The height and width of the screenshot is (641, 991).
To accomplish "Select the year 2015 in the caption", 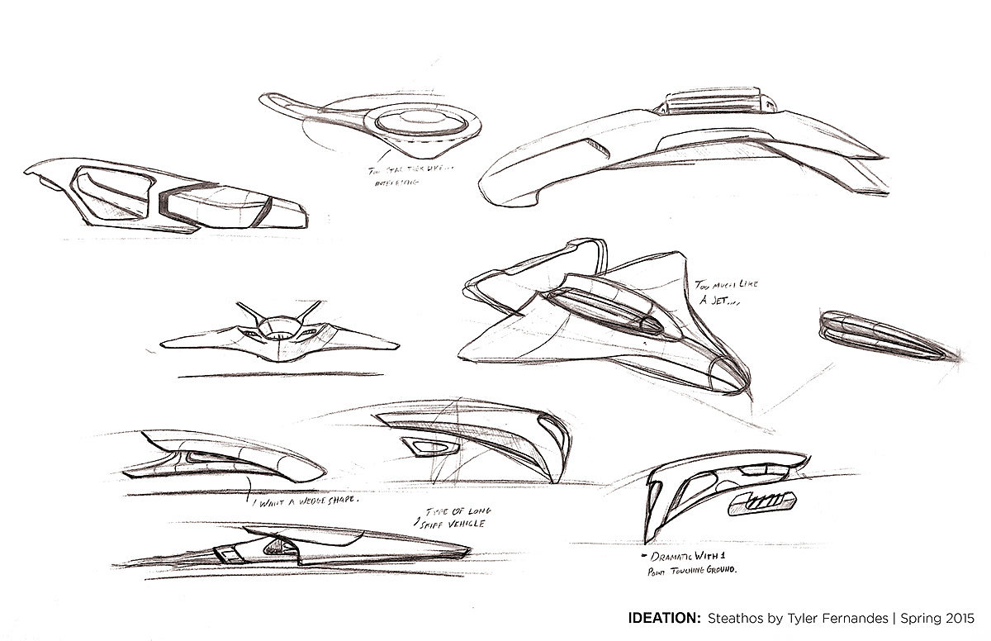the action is click(x=958, y=616).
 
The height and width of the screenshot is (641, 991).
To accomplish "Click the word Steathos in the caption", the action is click(x=740, y=616).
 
